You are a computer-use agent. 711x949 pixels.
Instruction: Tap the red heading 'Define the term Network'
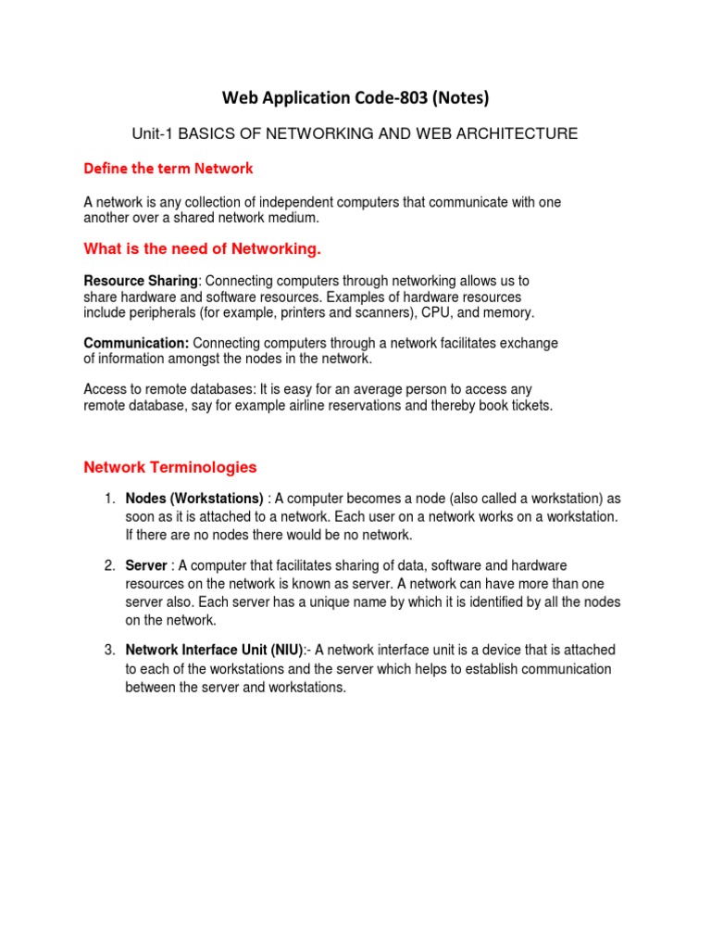(x=168, y=169)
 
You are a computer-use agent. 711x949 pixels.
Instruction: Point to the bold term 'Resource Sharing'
(x=141, y=280)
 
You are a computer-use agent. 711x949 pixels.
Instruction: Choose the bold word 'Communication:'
(x=137, y=343)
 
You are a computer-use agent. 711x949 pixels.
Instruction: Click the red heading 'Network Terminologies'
(x=170, y=467)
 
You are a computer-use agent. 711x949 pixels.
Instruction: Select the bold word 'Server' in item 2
(x=146, y=565)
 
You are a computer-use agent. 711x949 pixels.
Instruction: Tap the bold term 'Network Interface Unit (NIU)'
(x=214, y=650)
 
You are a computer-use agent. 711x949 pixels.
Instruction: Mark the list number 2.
(x=107, y=565)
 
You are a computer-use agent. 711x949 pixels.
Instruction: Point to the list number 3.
(x=107, y=650)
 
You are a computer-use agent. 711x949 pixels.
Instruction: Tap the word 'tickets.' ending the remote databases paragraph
(x=530, y=406)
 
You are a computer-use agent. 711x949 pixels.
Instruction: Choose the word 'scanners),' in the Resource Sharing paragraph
(x=385, y=313)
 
